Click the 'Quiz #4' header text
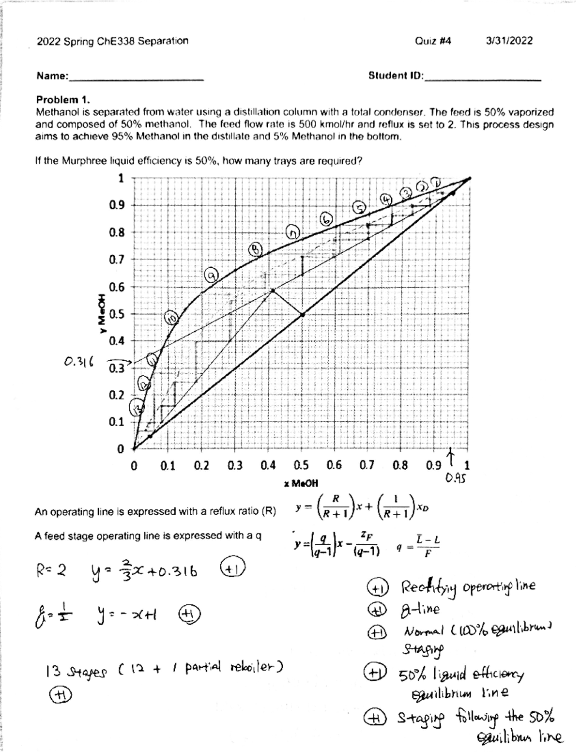pos(433,41)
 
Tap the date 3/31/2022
pos(509,41)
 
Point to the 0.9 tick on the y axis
pos(117,205)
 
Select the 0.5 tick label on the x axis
pos(301,466)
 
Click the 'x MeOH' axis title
pos(301,483)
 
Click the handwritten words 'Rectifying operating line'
pos(468,587)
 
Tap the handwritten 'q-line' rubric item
pos(420,609)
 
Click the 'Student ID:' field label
pos(396,76)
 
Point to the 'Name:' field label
pos(52,77)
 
